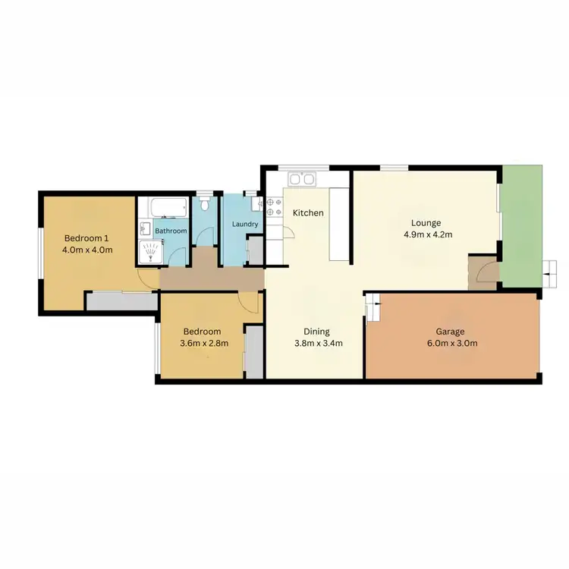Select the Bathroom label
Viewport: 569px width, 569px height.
click(171, 231)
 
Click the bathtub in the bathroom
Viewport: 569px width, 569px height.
click(169, 207)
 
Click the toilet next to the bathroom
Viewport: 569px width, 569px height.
click(205, 205)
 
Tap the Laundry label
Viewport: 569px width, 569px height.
click(244, 225)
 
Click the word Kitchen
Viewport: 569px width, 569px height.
click(308, 213)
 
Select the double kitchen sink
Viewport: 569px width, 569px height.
click(303, 180)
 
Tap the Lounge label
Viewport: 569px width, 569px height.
click(425, 223)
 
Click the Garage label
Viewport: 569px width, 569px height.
click(450, 332)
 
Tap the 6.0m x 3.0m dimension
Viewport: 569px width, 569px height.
click(450, 343)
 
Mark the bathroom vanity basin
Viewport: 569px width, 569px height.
click(145, 228)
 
